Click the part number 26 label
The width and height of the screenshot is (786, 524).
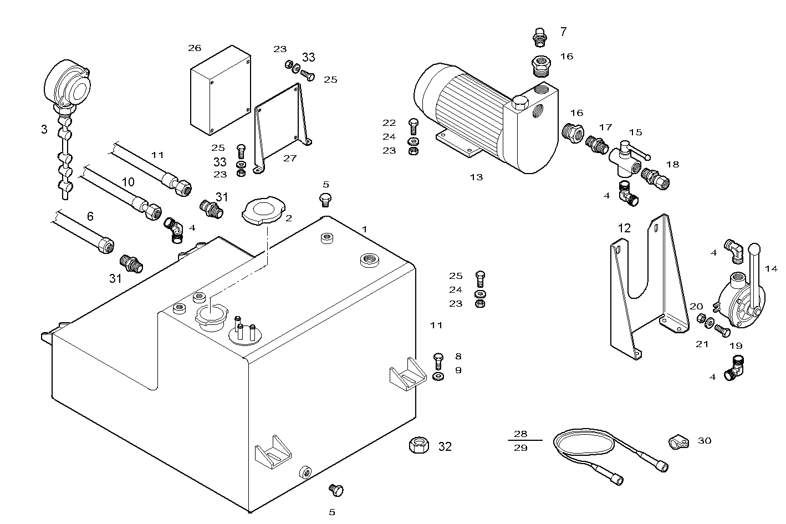[x=195, y=48]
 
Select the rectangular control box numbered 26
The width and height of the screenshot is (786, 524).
[x=220, y=91]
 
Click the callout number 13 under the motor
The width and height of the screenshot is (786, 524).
[x=476, y=177]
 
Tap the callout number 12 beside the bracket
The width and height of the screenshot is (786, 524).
[x=624, y=228]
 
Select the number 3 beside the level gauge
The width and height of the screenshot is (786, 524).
[x=44, y=130]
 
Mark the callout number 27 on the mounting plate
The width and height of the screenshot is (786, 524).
[x=290, y=158]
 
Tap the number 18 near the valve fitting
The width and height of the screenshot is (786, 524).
[x=672, y=165]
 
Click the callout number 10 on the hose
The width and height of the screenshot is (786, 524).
[x=128, y=182]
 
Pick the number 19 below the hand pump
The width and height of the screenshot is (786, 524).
[x=736, y=346]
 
